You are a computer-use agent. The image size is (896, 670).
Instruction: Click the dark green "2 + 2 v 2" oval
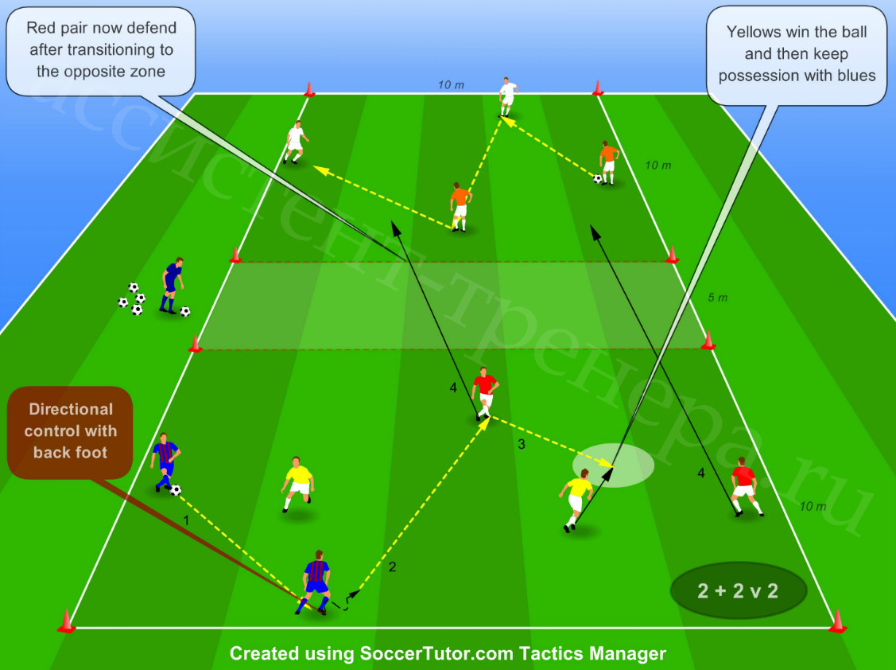coord(739,590)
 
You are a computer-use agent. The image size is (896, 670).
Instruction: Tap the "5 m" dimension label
coord(718,298)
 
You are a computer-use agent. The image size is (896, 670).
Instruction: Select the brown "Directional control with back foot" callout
coord(70,432)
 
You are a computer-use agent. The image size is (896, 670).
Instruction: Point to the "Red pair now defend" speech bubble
coord(101,51)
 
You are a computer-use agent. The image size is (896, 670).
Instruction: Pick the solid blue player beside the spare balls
coord(172,286)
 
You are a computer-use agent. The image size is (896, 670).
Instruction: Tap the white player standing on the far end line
coord(507,97)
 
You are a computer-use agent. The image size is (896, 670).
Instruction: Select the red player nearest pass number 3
coord(485,394)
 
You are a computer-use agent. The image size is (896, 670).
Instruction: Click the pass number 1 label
coord(186,520)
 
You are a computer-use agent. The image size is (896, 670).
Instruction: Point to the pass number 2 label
coord(392,567)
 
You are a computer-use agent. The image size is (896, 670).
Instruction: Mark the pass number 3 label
coord(522,444)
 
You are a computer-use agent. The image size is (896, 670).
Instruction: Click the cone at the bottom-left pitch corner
coord(66,621)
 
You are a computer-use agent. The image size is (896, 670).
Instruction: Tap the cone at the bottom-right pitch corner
coord(838,621)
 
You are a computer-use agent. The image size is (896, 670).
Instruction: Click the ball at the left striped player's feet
coord(176,490)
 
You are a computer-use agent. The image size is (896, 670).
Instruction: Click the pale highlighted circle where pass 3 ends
coord(613,465)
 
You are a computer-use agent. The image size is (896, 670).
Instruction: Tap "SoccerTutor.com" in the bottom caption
coord(437,653)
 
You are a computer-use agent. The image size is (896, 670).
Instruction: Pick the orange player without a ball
coord(460,207)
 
